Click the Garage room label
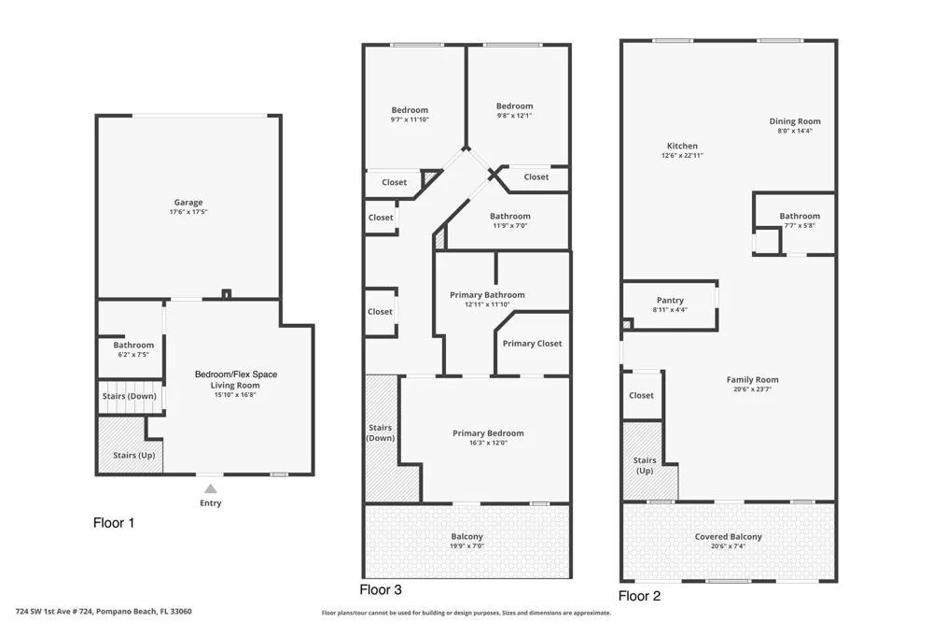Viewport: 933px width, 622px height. (188, 203)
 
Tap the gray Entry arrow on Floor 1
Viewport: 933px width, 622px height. (211, 489)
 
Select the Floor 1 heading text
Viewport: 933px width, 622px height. (114, 523)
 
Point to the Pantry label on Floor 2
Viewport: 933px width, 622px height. (670, 301)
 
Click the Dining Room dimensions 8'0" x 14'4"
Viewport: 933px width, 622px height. (795, 131)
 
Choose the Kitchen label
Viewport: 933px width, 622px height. (682, 146)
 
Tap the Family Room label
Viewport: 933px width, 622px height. (752, 379)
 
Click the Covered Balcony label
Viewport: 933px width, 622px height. (729, 537)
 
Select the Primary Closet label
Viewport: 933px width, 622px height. (532, 344)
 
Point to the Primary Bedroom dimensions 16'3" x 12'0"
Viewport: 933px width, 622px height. (488, 443)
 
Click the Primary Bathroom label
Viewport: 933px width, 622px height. (487, 295)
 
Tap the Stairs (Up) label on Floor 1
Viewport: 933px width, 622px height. (133, 455)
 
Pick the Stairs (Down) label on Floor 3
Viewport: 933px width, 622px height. (381, 433)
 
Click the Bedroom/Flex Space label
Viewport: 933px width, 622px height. (236, 375)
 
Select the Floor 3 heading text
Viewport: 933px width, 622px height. (381, 590)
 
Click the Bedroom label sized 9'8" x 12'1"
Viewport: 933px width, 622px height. (515, 106)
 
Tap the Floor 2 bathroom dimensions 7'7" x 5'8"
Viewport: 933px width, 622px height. (800, 226)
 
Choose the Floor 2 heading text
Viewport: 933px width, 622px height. (640, 596)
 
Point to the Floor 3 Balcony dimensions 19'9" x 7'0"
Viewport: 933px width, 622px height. (467, 545)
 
